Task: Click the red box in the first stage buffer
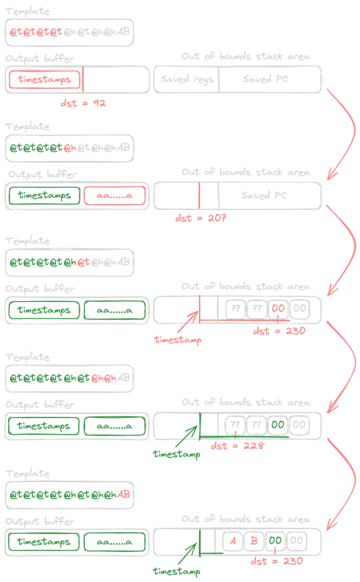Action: pyautogui.click(x=44, y=80)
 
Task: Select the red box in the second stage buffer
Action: pyautogui.click(x=114, y=195)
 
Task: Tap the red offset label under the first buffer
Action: pyautogui.click(x=83, y=103)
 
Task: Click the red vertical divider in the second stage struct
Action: pyautogui.click(x=197, y=196)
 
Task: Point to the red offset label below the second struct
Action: pyautogui.click(x=199, y=218)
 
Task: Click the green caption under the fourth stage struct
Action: pyautogui.click(x=175, y=454)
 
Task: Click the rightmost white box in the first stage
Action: pyautogui.click(x=271, y=79)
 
